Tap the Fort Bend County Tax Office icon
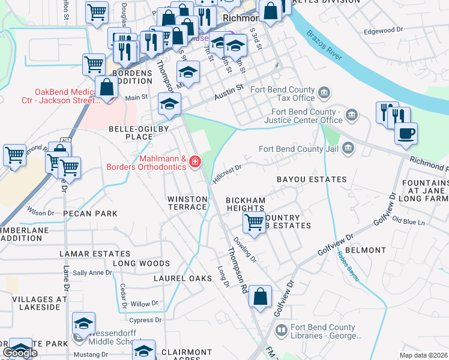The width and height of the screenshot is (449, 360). (x=324, y=92)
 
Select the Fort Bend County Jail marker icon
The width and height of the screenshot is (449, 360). (x=348, y=148)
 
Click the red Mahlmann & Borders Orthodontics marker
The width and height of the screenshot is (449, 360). (x=194, y=161)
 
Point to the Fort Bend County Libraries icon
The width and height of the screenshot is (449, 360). (x=281, y=330)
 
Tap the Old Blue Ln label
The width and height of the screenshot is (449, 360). (x=408, y=222)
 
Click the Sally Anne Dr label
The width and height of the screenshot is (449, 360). (x=92, y=272)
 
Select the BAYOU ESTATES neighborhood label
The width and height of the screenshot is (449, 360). (x=312, y=179)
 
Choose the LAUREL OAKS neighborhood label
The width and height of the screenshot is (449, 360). (x=183, y=278)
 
